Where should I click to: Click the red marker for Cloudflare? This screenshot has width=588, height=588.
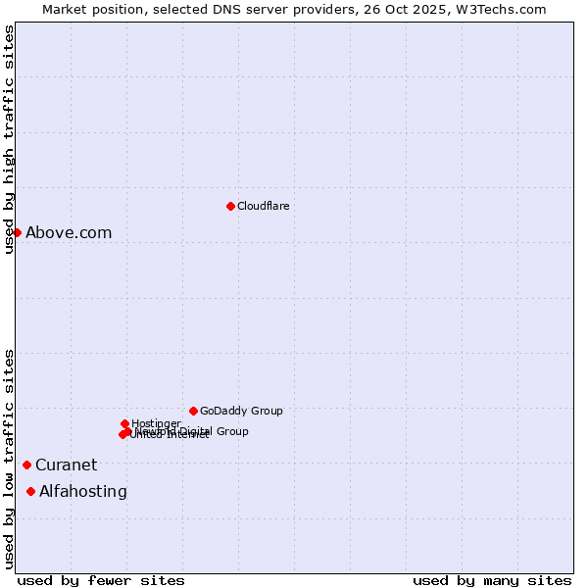tap(230, 206)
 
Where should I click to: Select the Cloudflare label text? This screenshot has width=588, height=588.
tap(263, 206)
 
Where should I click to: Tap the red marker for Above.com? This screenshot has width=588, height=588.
tap(17, 232)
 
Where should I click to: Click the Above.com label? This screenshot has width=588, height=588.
tap(69, 233)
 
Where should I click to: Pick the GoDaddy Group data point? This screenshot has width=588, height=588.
tap(193, 411)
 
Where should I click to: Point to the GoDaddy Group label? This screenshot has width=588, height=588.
tap(241, 412)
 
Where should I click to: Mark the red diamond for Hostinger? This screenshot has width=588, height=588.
tap(124, 423)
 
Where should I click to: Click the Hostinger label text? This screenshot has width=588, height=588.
tap(157, 423)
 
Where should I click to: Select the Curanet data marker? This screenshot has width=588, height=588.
tap(26, 465)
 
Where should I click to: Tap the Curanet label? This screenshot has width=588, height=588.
tap(67, 465)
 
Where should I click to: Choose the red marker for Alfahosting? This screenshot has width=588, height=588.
tap(31, 491)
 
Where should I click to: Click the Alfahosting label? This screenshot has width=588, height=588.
tap(83, 492)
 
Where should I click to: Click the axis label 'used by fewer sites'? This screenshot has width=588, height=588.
tap(101, 580)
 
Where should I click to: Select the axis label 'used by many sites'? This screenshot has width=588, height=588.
tap(492, 580)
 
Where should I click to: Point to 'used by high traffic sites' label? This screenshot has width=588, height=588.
tap(10, 139)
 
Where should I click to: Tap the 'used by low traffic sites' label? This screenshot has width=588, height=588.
tap(10, 459)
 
